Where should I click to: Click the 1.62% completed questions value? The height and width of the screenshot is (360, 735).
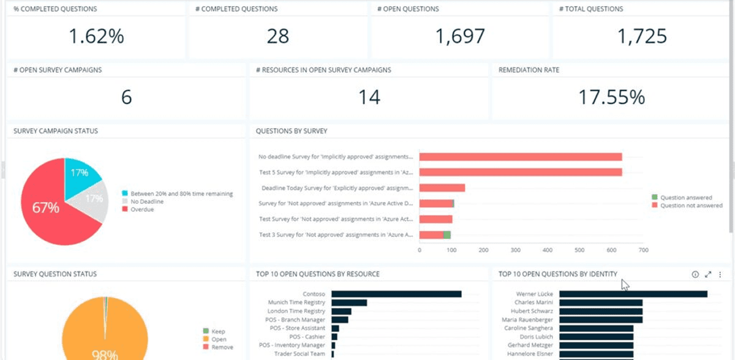coord(96,36)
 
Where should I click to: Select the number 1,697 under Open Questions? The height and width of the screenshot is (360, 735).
coord(460,36)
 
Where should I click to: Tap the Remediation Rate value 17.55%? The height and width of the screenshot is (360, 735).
coord(612,97)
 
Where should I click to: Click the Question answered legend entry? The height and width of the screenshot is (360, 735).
coord(682,197)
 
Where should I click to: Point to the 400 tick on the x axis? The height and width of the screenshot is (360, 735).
coord(548,250)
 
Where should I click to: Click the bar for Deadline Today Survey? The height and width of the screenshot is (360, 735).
coord(442,188)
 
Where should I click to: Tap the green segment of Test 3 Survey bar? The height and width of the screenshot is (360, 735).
coord(447,234)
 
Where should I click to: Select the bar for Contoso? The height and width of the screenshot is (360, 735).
coord(396,294)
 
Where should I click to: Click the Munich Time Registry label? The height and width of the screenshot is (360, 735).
coord(296,302)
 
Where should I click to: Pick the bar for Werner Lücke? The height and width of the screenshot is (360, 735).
coord(633,294)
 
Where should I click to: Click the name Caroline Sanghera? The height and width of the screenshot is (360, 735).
coord(528,328)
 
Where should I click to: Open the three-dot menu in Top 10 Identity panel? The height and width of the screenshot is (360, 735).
coord(720,274)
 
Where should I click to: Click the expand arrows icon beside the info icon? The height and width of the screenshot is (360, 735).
coord(708,274)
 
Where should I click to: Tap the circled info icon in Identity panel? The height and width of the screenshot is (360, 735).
coord(695,274)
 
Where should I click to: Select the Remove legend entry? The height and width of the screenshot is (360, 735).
coord(218,347)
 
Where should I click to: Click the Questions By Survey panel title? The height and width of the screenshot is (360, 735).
coord(292,131)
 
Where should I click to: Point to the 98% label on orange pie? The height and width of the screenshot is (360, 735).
coord(105,354)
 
